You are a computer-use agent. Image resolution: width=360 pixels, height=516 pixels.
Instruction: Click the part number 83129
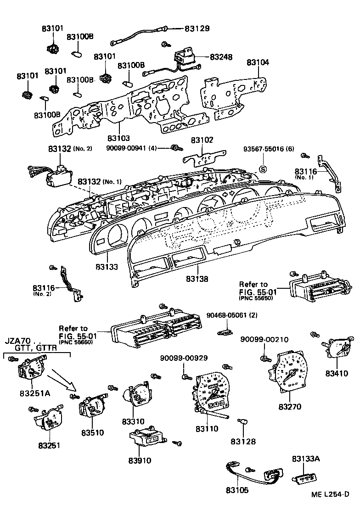pyautogui.click(x=197, y=28)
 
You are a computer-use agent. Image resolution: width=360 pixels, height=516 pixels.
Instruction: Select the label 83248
pyautogui.click(x=221, y=57)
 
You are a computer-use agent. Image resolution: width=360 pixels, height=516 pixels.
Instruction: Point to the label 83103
pyautogui.click(x=119, y=138)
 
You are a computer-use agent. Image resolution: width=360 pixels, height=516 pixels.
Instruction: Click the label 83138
pyautogui.click(x=198, y=279)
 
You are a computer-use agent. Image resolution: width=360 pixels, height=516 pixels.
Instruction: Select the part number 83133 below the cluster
pyautogui.click(x=107, y=266)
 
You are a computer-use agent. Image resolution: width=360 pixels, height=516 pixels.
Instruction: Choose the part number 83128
pyautogui.click(x=243, y=442)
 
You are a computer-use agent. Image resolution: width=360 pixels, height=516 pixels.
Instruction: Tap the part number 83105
pyautogui.click(x=237, y=490)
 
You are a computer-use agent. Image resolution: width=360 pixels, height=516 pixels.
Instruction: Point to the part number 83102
pyautogui.click(x=202, y=140)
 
